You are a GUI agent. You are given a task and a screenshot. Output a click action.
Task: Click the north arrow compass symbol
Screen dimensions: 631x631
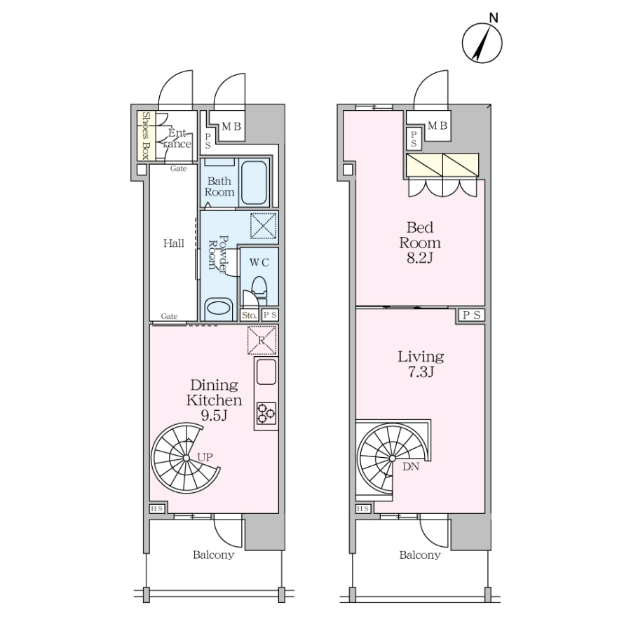tap(482, 43)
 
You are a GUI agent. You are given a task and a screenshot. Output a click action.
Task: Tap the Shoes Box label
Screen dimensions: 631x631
tap(147, 135)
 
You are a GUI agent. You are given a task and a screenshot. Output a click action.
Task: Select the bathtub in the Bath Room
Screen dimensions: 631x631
tap(254, 183)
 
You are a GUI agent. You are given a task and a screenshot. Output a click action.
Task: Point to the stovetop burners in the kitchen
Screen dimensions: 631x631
tap(266, 413)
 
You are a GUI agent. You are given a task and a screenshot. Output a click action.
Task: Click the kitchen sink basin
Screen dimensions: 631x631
tap(266, 372)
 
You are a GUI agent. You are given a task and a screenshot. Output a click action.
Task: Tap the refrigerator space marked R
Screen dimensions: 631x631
tap(262, 341)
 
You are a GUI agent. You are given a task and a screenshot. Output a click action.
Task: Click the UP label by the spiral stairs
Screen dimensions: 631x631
tap(205, 457)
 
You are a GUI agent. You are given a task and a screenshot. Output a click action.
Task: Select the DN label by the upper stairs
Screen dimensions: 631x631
tap(411, 466)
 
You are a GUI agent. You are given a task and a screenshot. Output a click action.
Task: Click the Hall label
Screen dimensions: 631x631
tap(174, 243)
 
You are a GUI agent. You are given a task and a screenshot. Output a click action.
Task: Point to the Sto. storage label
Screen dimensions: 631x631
tap(250, 315)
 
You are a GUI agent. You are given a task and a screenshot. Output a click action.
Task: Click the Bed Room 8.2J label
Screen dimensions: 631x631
tap(420, 243)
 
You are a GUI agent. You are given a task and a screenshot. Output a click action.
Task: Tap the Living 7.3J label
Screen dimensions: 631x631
tap(421, 364)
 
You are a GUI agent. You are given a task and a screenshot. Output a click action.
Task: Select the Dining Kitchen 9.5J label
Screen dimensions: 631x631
tap(214, 400)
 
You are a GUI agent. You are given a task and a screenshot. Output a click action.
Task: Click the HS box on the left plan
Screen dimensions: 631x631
tap(157, 509)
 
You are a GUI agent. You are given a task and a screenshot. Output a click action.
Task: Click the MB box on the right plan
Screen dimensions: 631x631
tap(437, 126)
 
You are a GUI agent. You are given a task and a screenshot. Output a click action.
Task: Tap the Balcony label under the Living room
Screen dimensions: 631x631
tap(420, 555)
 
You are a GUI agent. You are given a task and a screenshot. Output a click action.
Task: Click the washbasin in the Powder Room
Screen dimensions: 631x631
tap(219, 308)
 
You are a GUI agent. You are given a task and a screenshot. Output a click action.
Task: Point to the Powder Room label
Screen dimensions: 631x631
tap(217, 255)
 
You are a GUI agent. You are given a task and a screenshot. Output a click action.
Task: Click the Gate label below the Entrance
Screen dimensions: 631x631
tap(178, 168)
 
